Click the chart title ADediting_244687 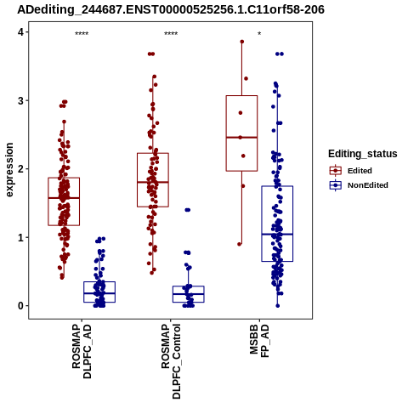171,10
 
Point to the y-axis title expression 9,170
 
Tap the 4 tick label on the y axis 21,32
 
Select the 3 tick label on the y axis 21,101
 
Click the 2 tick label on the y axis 21,169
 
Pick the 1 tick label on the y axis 21,238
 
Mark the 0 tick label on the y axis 21,306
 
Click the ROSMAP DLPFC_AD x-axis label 82,351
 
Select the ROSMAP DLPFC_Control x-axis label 171,361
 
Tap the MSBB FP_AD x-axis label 259,341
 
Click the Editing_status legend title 363,154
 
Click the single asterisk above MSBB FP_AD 259,33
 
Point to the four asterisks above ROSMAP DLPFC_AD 82,33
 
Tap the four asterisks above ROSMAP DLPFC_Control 171,33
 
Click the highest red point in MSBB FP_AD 242,42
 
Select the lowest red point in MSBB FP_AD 240,244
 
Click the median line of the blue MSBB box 277,235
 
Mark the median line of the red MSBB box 241,138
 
